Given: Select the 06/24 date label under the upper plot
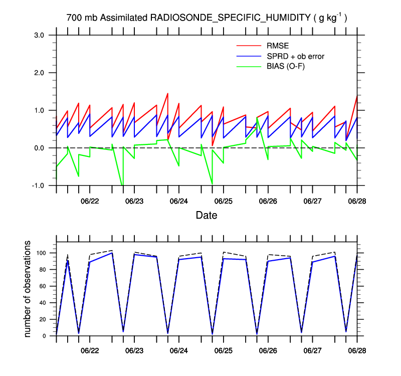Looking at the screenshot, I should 179,201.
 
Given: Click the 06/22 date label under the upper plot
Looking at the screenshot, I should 90,201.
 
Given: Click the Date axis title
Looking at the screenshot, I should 207,216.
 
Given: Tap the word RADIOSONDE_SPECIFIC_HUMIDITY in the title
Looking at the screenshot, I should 230,18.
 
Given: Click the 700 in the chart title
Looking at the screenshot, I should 74,18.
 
